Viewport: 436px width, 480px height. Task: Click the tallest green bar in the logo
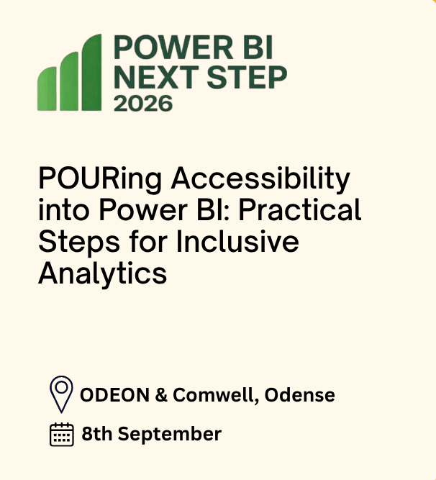tap(91, 72)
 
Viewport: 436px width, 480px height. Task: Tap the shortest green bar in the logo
tap(47, 89)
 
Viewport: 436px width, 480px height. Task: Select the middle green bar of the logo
tap(69, 81)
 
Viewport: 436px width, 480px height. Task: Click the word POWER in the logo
tap(174, 47)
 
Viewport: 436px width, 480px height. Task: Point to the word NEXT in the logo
tap(156, 77)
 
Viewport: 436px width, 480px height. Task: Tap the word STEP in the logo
tap(247, 77)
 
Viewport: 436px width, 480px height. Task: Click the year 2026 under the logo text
tap(143, 104)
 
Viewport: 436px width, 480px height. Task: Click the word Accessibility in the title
tap(260, 179)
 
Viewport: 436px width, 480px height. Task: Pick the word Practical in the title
tap(300, 209)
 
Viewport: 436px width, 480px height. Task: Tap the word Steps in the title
tap(79, 243)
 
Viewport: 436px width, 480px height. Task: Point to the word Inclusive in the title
tap(237, 241)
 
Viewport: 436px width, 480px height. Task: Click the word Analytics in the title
tap(102, 274)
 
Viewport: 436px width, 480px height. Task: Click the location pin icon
tap(61, 394)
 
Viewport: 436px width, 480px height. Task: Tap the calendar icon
tap(62, 435)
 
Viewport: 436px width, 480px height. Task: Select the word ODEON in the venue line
tap(114, 395)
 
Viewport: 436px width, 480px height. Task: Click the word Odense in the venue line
tap(300, 395)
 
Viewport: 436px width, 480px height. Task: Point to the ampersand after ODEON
tap(161, 395)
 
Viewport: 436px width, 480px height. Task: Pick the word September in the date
tap(170, 435)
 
